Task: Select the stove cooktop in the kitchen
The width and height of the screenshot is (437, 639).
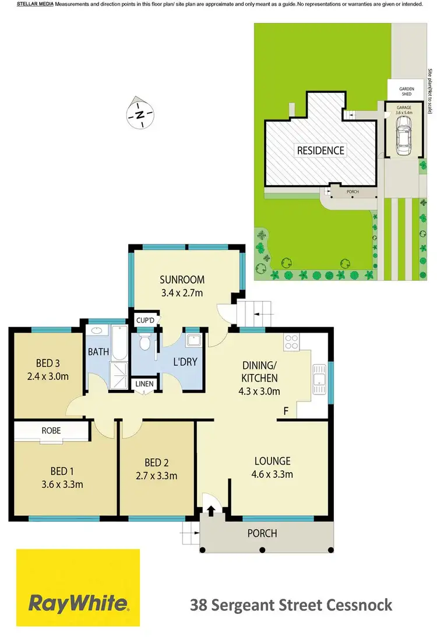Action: (x=291, y=343)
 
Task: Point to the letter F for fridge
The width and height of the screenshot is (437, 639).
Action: (x=286, y=411)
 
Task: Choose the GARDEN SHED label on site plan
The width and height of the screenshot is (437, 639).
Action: (x=406, y=91)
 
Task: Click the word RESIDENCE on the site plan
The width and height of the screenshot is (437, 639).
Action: (x=320, y=150)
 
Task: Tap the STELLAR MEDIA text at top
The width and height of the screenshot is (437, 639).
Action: (x=35, y=4)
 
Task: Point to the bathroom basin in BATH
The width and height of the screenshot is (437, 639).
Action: (x=97, y=331)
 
